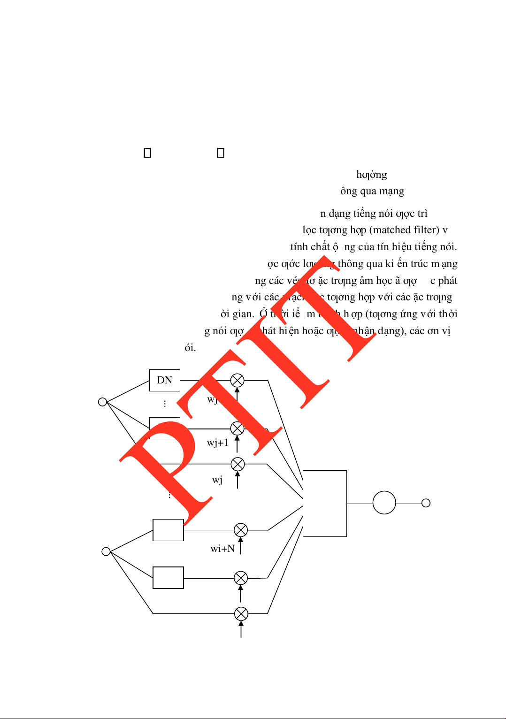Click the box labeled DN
164,380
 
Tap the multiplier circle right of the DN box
237,380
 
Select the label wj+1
218,443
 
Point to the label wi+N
222,549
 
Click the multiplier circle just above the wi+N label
241,530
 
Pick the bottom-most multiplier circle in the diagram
241,613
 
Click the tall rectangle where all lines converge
324,503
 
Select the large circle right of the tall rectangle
384,503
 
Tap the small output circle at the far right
426,503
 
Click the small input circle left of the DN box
102,402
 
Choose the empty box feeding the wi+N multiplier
168,530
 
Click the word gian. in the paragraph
244,314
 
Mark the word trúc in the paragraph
419,264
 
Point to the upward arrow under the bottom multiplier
241,630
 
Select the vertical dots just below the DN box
165,404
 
